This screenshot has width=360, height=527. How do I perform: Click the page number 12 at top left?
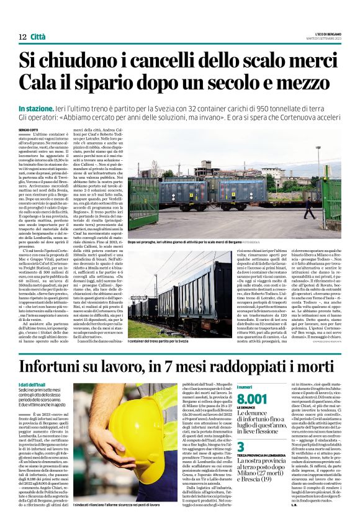[x=23, y=38]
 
